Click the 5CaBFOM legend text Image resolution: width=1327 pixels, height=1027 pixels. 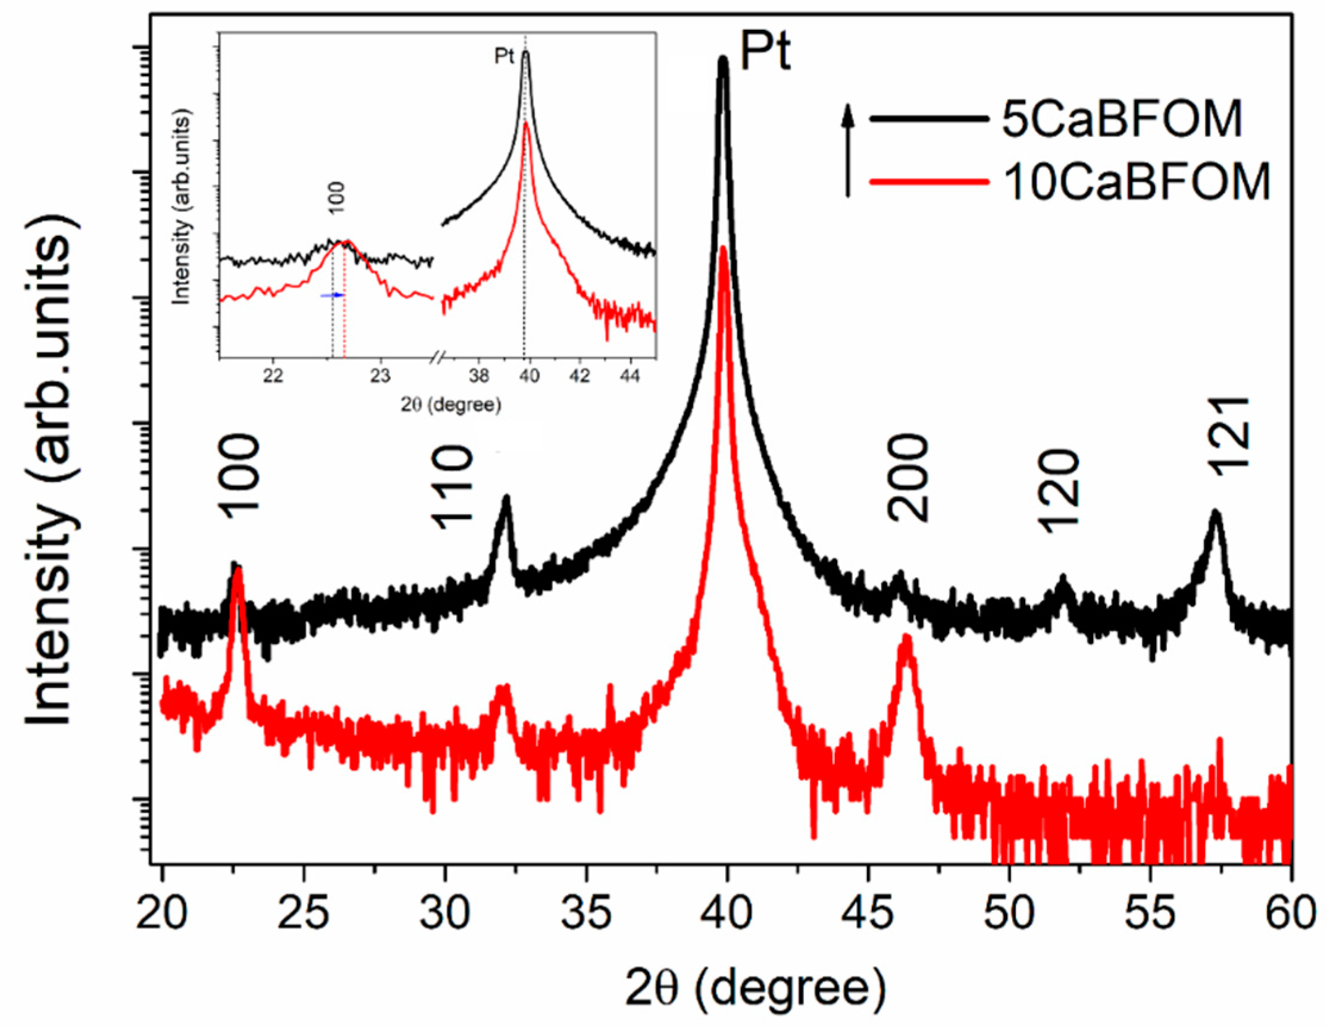(x=1122, y=120)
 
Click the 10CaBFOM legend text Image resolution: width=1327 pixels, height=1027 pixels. (x=1136, y=181)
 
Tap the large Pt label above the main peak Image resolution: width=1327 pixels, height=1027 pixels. (x=766, y=52)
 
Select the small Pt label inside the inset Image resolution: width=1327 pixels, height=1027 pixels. (x=504, y=57)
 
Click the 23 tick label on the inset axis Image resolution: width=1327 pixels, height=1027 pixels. (x=380, y=377)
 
